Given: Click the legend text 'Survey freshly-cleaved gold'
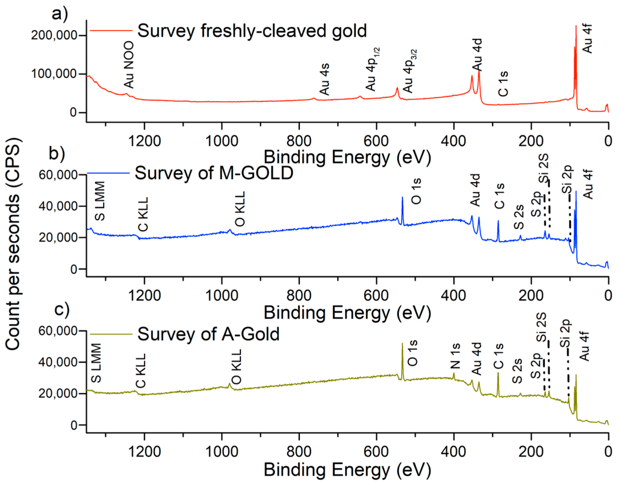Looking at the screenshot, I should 252,31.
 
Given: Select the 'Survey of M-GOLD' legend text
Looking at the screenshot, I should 214,173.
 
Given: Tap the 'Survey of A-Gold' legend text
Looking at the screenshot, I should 208,334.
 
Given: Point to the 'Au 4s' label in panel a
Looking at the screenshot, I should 324,79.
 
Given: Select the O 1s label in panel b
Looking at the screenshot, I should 416,191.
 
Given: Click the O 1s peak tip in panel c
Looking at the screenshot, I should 402,344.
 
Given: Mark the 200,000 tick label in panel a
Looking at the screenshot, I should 54,36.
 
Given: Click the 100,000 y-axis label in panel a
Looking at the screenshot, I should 54,74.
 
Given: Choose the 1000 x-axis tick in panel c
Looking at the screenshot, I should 222,452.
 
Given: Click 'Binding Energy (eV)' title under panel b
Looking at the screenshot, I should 347,313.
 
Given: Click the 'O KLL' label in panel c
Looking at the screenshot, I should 237,367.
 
